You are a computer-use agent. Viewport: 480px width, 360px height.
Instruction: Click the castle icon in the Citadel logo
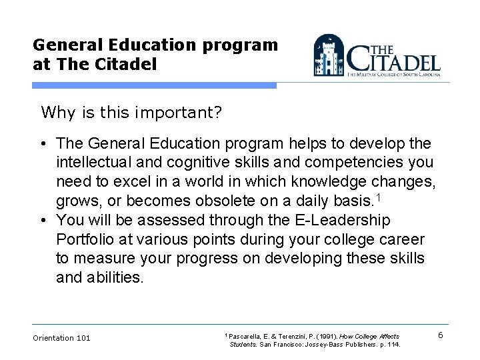point(329,57)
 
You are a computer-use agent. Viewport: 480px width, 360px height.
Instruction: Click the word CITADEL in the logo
point(395,60)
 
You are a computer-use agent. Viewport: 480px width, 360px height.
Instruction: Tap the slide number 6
point(441,335)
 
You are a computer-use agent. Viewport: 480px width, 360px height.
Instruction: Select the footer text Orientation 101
point(61,338)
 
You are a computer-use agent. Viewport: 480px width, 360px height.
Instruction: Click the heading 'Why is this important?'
point(131,112)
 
